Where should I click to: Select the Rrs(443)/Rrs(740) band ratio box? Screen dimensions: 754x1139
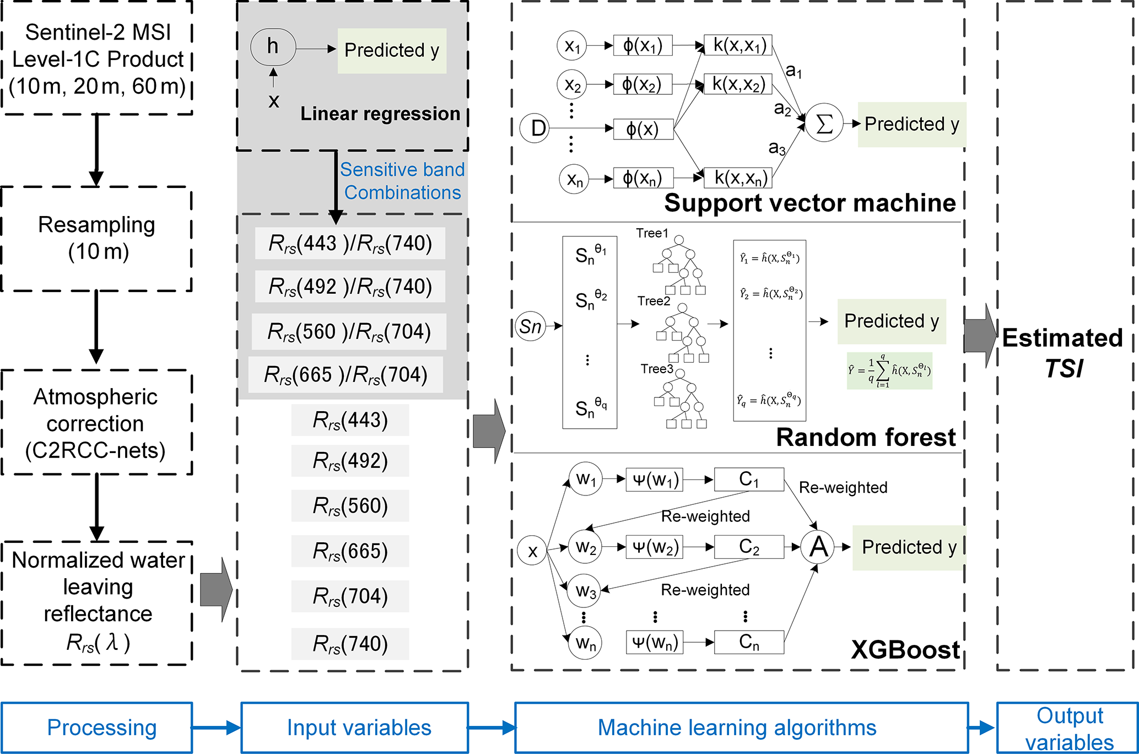pos(350,243)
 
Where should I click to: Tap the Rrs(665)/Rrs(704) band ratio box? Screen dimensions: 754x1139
pos(346,375)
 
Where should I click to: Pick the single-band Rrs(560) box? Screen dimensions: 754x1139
pos(350,505)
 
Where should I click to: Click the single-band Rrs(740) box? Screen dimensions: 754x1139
pos(350,643)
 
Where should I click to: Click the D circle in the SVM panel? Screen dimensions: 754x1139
pos(535,128)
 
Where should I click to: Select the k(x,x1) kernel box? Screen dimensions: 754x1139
pos(739,45)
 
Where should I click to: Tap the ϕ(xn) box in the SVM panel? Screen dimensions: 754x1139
pos(643,178)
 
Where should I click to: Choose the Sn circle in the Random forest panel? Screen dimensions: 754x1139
pos(530,326)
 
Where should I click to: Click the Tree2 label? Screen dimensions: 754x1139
pos(654,301)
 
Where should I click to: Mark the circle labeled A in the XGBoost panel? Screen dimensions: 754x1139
pos(818,547)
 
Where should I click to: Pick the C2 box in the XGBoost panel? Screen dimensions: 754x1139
pos(748,547)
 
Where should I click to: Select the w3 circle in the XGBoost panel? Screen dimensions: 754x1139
pos(585,591)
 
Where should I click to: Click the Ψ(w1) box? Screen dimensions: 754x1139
pos(654,480)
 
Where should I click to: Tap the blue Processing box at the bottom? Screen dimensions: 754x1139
pos(97,728)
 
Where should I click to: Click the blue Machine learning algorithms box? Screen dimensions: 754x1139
pos(741,728)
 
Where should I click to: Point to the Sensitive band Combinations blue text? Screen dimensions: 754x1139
pos(402,181)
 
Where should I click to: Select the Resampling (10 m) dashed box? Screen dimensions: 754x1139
pos(97,239)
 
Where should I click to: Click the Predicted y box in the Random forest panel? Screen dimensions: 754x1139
pos(891,321)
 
